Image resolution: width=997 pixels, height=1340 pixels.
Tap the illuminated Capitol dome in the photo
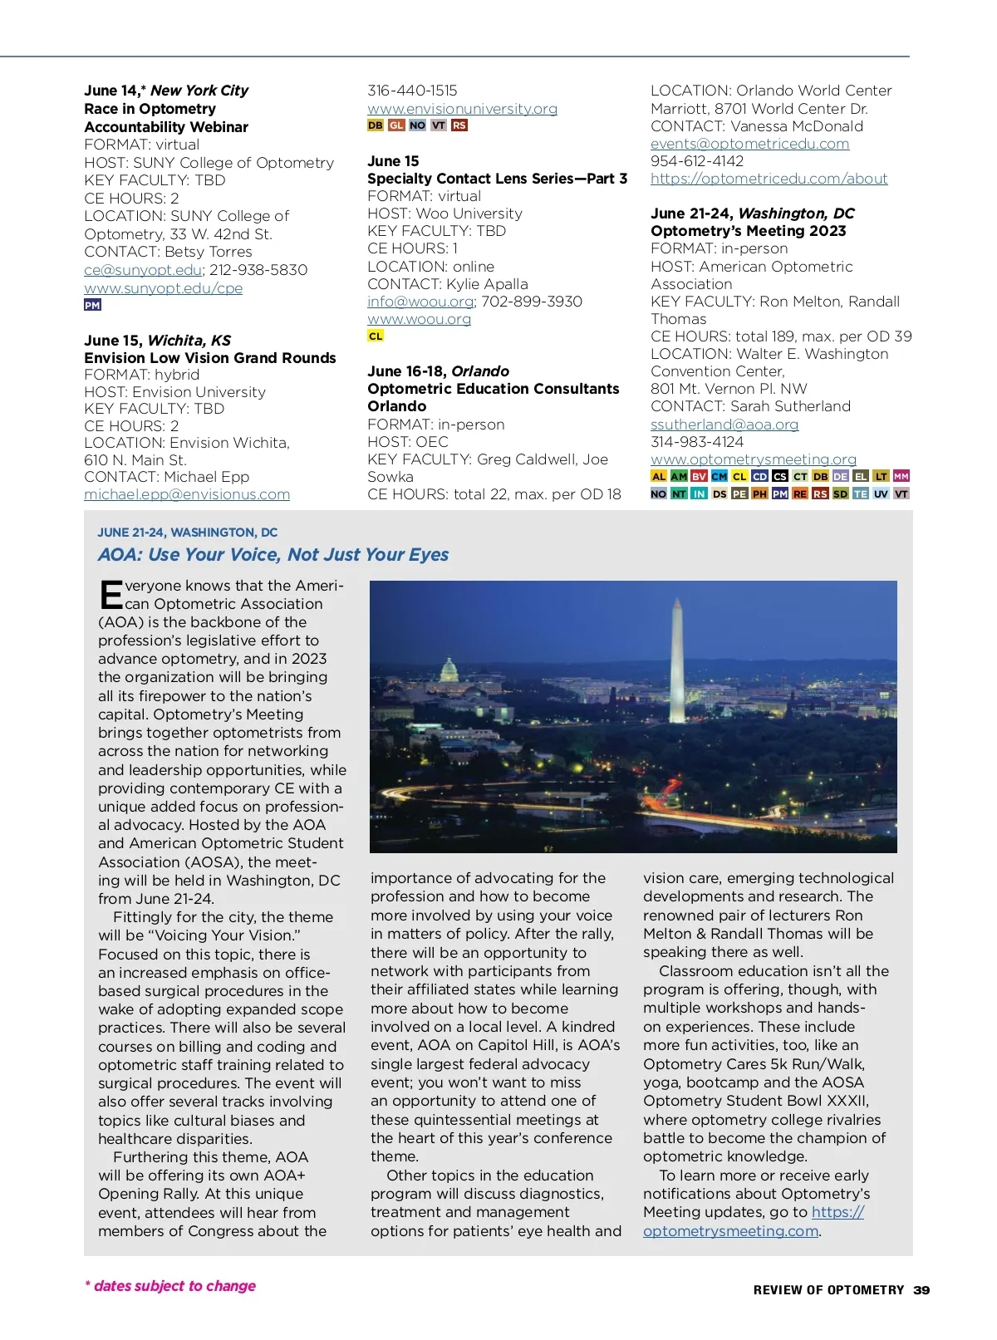point(449,670)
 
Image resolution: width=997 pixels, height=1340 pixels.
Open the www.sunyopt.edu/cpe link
point(164,288)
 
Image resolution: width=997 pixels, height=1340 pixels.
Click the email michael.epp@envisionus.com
point(187,494)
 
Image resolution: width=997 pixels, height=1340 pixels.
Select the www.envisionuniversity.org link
point(462,109)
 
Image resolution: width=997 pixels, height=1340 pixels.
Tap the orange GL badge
point(396,125)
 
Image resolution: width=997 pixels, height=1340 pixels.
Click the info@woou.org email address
point(420,302)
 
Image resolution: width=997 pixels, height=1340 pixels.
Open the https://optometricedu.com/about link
point(769,179)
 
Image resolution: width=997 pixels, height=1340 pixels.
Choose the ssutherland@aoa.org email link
point(724,425)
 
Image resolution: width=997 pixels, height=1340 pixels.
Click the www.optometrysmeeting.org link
point(753,459)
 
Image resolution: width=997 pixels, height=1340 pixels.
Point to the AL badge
point(659,477)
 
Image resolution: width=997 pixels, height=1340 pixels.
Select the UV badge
point(881,493)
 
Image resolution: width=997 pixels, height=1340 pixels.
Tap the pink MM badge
point(901,477)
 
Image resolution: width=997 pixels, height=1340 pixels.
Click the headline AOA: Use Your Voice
point(273,555)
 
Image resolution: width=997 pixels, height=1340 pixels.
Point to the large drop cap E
point(111,595)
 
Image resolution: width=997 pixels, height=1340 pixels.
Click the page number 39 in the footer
point(921,1290)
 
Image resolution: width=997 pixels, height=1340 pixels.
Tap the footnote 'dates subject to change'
point(171,1286)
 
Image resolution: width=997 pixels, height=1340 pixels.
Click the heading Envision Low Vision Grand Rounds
point(210,358)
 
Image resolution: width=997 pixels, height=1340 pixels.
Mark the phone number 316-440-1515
point(412,91)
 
